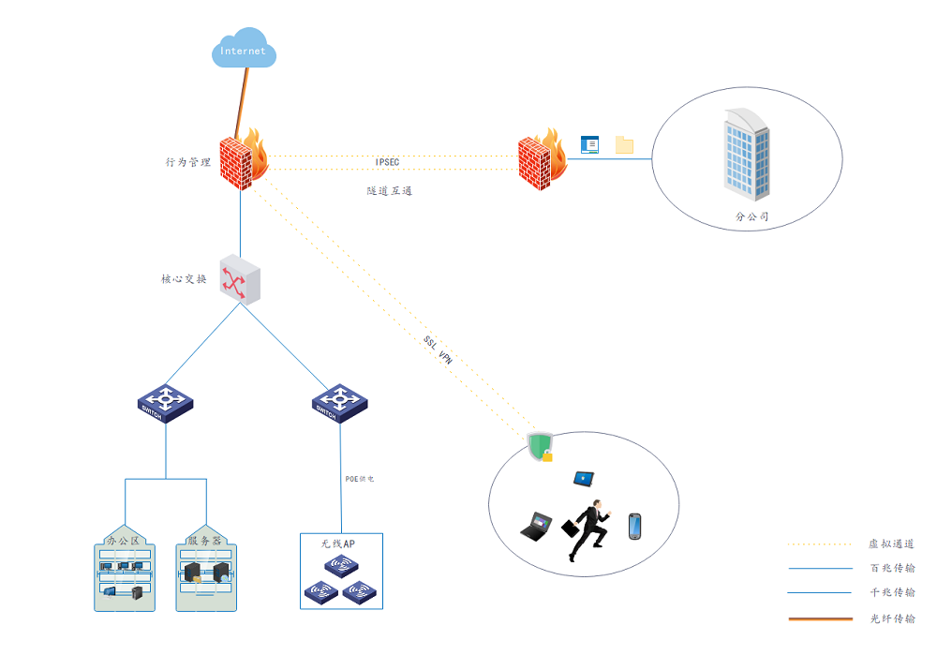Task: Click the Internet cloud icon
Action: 244,51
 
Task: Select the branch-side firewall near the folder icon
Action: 542,159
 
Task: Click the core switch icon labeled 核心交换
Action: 240,278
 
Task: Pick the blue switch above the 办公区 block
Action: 165,402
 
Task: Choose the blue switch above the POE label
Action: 339,402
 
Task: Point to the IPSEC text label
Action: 387,162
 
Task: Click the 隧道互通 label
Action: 389,190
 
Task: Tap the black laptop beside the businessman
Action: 537,526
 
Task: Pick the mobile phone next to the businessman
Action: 634,527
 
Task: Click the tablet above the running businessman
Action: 585,479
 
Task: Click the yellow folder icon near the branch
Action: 624,144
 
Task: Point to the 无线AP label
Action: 337,543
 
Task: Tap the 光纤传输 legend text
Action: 892,618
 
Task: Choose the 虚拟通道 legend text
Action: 892,543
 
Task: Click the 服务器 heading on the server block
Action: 204,541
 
